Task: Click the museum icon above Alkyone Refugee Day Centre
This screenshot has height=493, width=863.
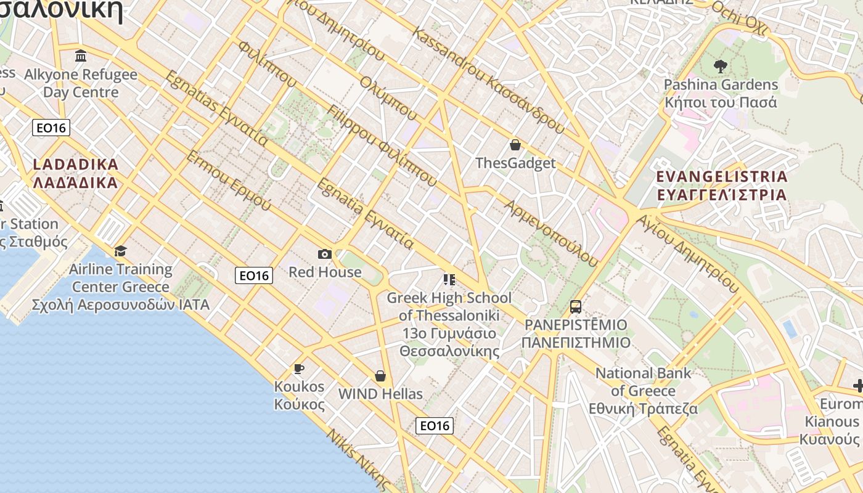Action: (x=80, y=57)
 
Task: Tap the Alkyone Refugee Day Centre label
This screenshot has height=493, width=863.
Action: (x=81, y=83)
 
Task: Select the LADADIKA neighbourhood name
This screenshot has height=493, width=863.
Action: (x=75, y=174)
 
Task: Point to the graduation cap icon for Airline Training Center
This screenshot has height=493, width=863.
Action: (x=120, y=251)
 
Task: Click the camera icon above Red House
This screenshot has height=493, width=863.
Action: (x=324, y=254)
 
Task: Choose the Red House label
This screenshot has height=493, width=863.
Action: (x=325, y=272)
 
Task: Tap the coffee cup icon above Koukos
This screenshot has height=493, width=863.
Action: (x=299, y=369)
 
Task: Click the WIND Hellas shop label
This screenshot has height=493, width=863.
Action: (x=381, y=394)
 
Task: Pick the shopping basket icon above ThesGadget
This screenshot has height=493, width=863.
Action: (x=515, y=145)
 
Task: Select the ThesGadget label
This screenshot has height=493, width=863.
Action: (x=515, y=163)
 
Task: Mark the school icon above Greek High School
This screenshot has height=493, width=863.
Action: (x=449, y=280)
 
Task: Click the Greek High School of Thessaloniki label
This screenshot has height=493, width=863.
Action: (x=449, y=324)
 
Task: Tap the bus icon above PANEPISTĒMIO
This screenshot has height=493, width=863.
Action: (x=575, y=307)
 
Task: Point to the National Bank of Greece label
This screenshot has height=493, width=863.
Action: (x=643, y=391)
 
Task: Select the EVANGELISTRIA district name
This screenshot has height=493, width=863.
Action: (x=721, y=185)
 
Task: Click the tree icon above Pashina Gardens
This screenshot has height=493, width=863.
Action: (x=720, y=67)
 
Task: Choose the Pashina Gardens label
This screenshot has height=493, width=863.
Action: (x=721, y=93)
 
